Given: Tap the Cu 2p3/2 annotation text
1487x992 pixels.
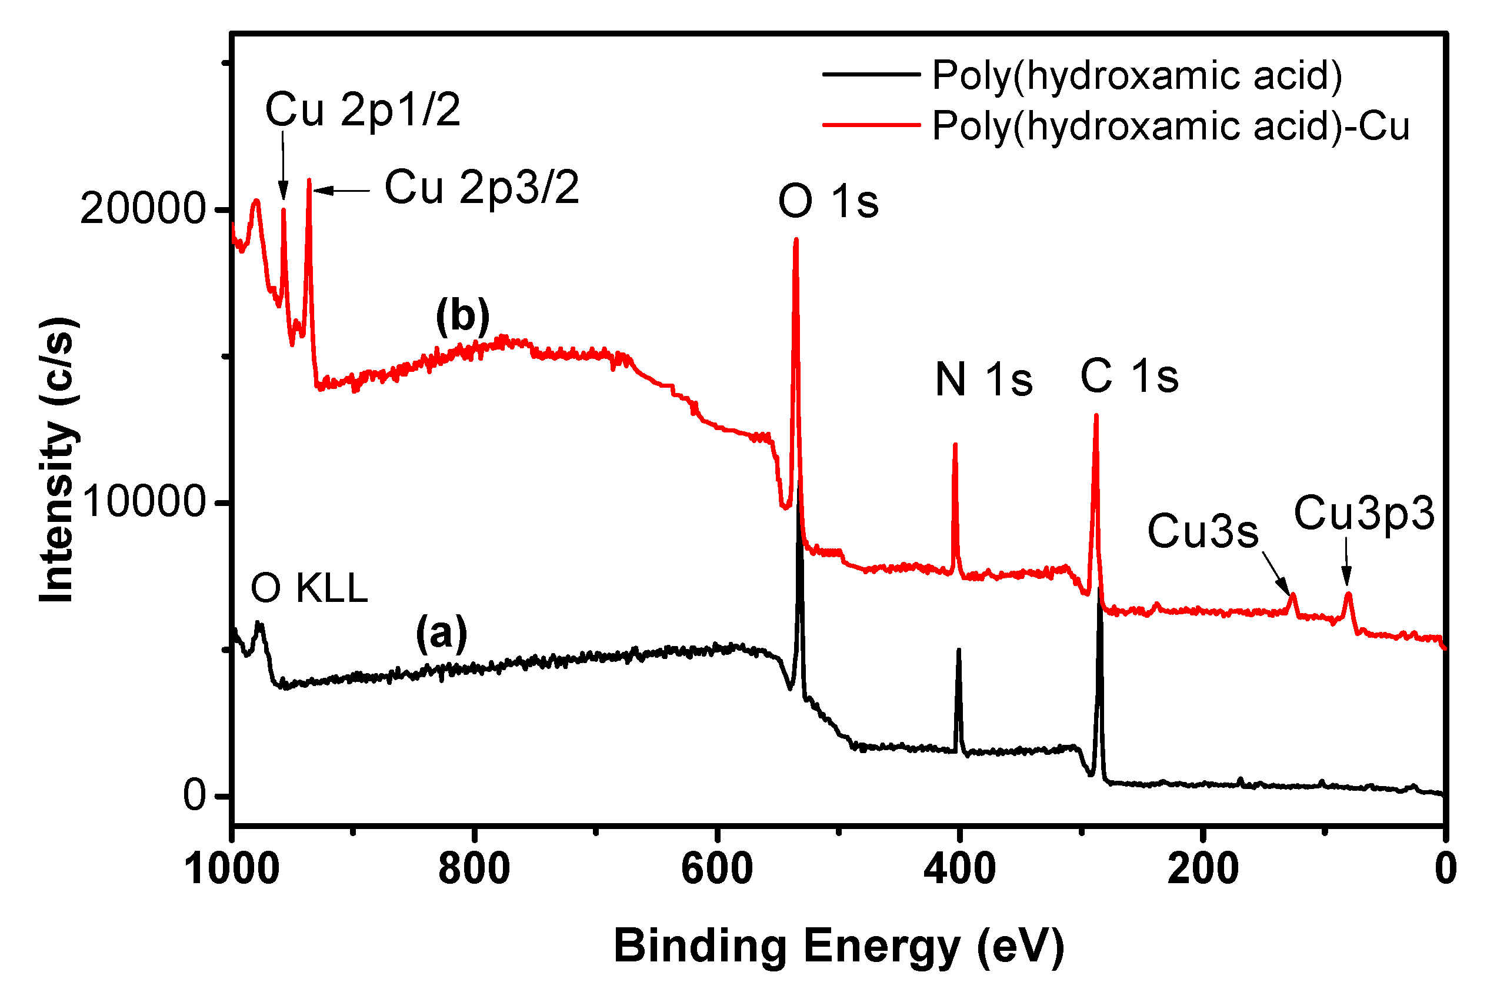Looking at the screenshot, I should click(x=481, y=188).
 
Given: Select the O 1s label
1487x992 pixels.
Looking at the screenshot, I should click(x=828, y=202).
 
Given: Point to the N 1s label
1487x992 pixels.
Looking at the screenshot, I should click(x=983, y=380).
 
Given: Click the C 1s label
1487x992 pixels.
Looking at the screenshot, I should click(x=1129, y=377).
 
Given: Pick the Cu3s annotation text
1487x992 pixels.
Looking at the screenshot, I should click(x=1203, y=531).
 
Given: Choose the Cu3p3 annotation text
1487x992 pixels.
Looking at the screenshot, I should click(x=1364, y=513).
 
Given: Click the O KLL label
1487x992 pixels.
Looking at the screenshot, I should click(x=309, y=588).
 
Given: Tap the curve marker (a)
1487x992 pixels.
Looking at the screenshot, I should click(x=442, y=633).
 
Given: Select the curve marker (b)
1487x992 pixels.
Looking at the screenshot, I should click(x=462, y=316).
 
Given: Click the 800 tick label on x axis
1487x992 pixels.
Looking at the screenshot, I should click(x=474, y=869).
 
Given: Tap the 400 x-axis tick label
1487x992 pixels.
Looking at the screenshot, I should click(x=959, y=869).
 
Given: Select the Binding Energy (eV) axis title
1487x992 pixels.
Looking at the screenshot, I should click(x=839, y=947).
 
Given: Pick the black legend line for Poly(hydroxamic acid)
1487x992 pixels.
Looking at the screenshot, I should click(x=871, y=75).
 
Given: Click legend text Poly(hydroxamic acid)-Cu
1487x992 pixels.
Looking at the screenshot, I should click(x=1171, y=126).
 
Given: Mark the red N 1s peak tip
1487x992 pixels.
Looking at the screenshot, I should click(x=955, y=445).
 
